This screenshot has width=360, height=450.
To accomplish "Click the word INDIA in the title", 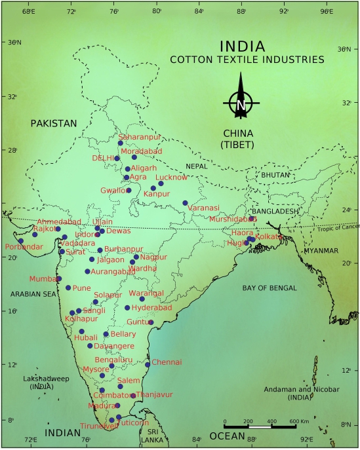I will pos(243,47).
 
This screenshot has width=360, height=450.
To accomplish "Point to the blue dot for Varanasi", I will pos(185,203).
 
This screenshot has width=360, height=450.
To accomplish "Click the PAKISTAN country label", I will pos(53,122).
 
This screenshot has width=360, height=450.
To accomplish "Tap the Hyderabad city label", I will pos(151,307).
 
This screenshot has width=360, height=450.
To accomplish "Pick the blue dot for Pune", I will pos(68,288).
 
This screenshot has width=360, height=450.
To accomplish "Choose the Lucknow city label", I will pos(172,178).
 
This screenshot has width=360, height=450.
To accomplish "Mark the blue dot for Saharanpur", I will pos(121,143).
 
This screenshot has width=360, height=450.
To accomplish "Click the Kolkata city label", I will pos(268,236).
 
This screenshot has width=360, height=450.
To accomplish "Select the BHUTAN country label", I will pos(275,175).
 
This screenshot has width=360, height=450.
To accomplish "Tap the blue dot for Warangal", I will pos(142,299).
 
